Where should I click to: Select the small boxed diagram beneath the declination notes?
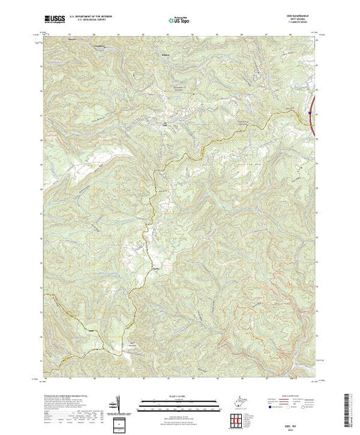(119, 422)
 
